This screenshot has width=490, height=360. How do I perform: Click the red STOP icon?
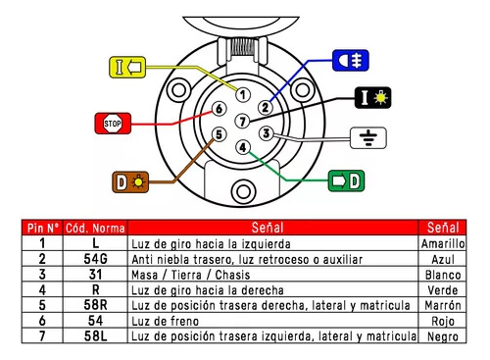(x=111, y=124)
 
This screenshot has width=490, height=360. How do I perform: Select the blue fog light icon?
(x=347, y=60)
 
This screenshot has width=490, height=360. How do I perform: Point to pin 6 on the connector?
(x=220, y=108)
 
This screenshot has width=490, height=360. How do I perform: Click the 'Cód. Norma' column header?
(x=96, y=228)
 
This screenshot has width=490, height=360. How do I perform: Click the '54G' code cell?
(x=96, y=259)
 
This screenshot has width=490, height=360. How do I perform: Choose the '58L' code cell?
(x=96, y=337)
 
